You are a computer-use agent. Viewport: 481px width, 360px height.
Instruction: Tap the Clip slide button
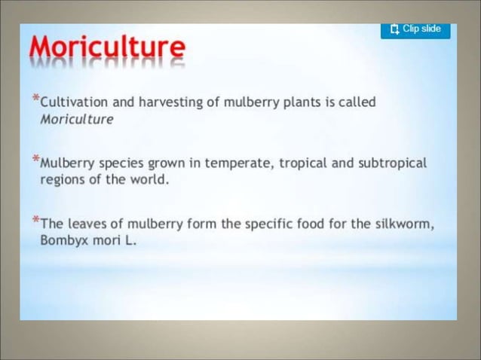415,29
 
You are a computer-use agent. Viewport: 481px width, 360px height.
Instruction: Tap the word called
357,102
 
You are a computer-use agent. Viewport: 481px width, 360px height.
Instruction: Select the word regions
63,181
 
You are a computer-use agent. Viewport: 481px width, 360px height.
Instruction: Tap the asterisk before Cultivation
35,99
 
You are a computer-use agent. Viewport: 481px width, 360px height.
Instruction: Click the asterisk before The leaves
35,220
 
